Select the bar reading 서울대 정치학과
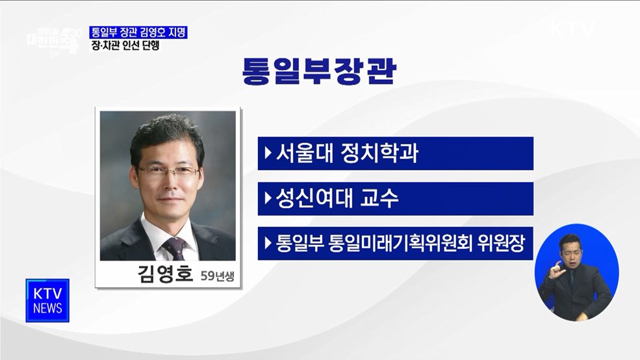coord(395,153)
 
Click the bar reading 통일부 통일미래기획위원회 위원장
coord(395,244)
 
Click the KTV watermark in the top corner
coord(572,29)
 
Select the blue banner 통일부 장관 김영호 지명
coord(139,31)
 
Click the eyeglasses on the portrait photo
coord(168,172)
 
